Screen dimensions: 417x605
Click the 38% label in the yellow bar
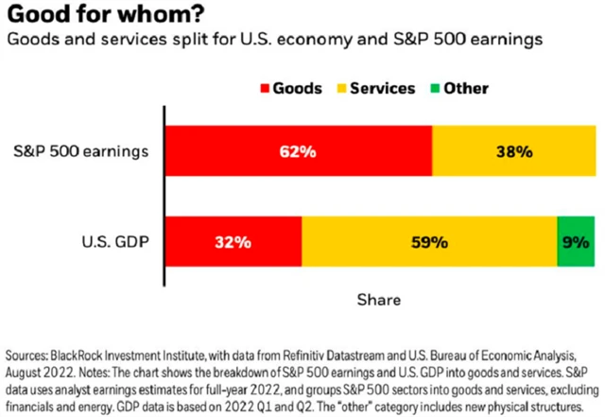515,150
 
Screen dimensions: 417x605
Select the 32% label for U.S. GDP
233,242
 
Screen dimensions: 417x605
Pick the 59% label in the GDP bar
429,242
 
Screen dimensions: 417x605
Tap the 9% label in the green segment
577,242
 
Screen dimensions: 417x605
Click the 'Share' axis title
378,300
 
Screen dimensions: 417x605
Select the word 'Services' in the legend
385,89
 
